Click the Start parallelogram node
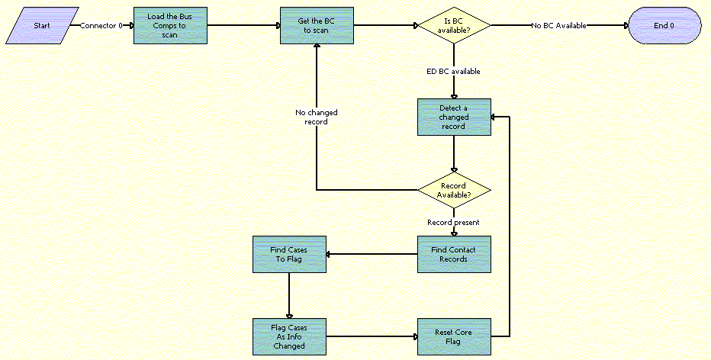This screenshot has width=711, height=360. pos(43,25)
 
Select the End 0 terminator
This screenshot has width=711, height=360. pos(664,25)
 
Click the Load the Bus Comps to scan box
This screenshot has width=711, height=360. pos(169,26)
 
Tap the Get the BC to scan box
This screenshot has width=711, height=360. pos(316,26)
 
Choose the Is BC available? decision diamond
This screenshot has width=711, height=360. pos(454,25)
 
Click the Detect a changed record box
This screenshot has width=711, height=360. pos(454,117)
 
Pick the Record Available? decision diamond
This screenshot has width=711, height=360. pos(454,190)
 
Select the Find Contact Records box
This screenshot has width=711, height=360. pos(454,254)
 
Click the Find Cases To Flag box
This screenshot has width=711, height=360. pos(289,254)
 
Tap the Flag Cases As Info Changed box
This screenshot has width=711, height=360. pos(289,336)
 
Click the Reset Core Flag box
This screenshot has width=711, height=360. pos(454,336)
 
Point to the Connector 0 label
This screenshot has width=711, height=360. pos(101,25)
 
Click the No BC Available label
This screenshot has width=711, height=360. pos(559,25)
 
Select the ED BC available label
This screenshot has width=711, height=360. pos(453,72)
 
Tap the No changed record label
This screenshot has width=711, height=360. pos(317,117)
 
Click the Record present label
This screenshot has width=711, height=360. pos(453,223)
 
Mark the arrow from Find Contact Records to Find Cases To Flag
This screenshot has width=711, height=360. pos(372,254)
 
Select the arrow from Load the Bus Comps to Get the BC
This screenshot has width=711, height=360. pos(243,25)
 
